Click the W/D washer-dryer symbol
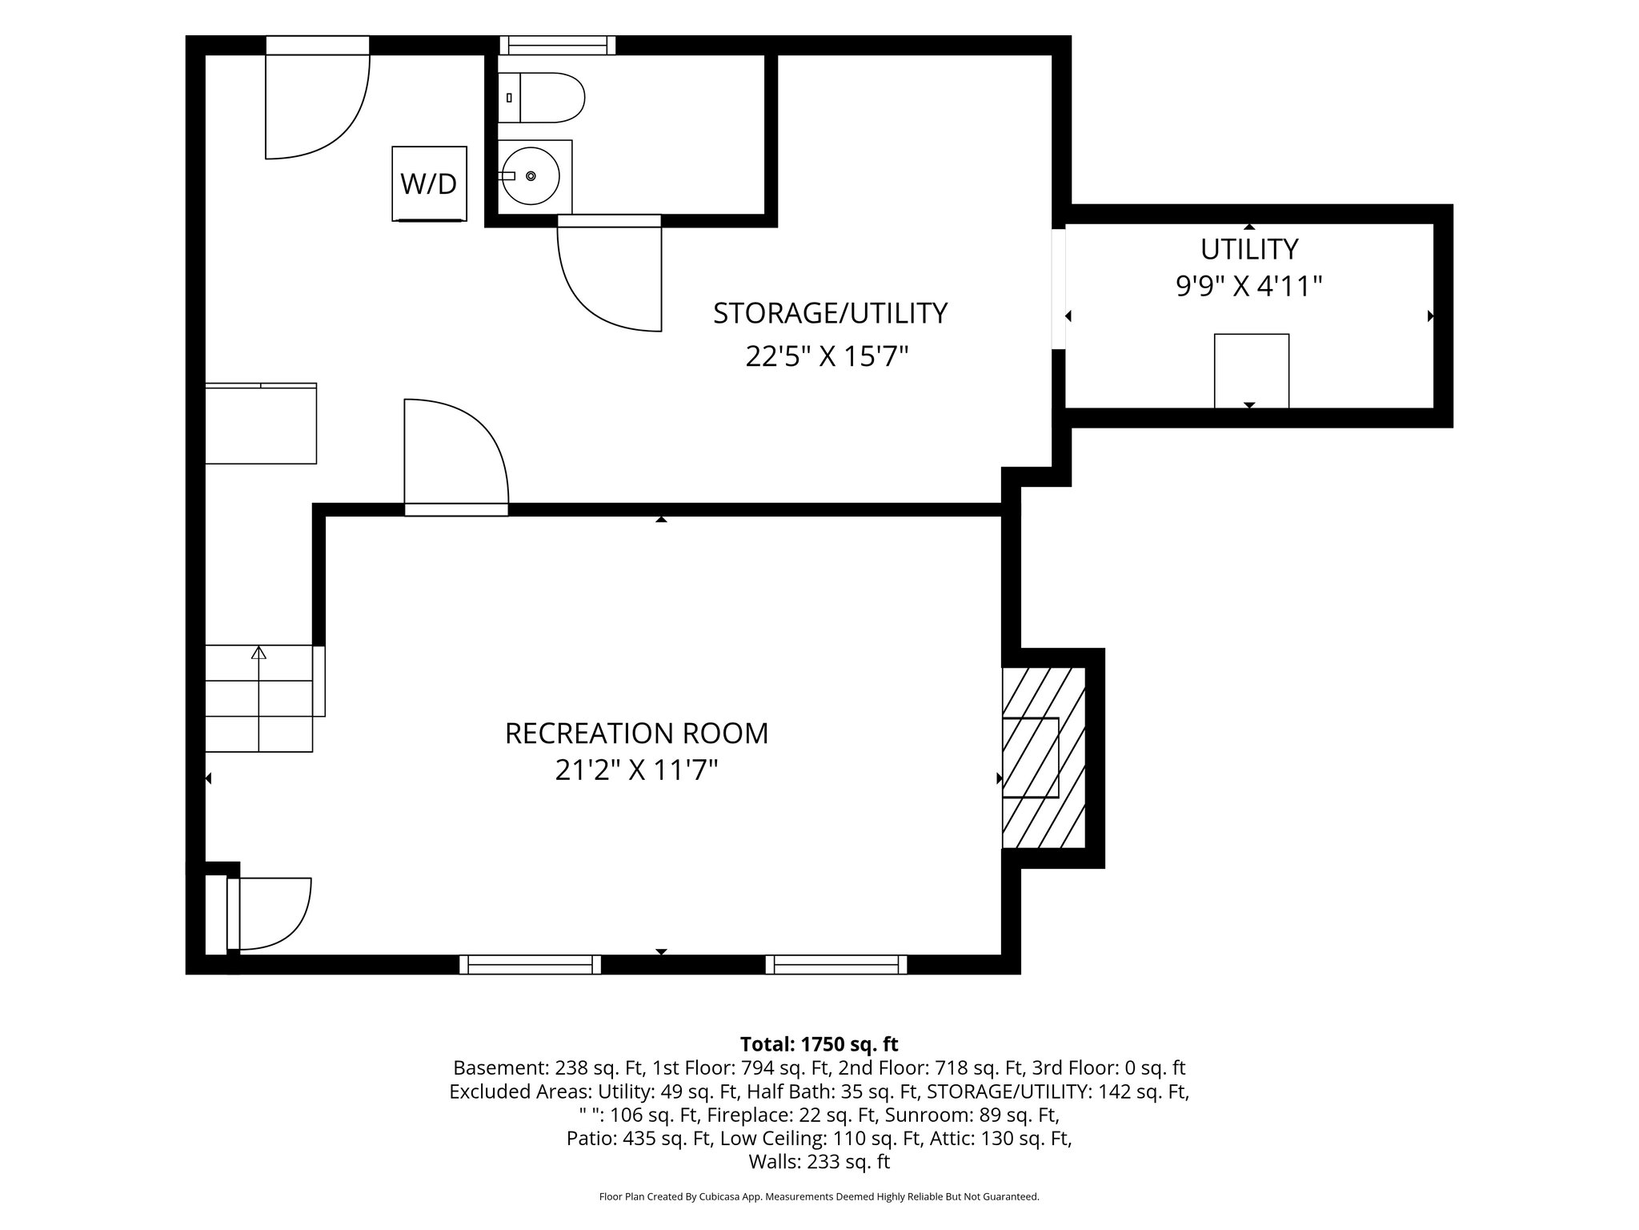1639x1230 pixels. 429,183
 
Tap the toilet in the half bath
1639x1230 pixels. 541,98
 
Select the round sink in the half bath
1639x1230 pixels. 531,175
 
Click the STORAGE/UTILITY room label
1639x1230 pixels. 830,313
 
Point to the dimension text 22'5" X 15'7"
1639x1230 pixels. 828,356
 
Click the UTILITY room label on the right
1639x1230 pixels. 1248,250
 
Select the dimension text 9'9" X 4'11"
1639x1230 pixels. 1248,286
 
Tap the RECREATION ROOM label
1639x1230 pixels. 636,733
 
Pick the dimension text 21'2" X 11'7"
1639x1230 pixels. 636,770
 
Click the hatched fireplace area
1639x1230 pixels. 1044,758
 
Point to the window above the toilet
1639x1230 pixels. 558,45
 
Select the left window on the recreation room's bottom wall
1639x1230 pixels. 530,964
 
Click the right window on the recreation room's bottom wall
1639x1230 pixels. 836,964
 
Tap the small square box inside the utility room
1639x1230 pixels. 1252,371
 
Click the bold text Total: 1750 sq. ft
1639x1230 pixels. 819,1044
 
